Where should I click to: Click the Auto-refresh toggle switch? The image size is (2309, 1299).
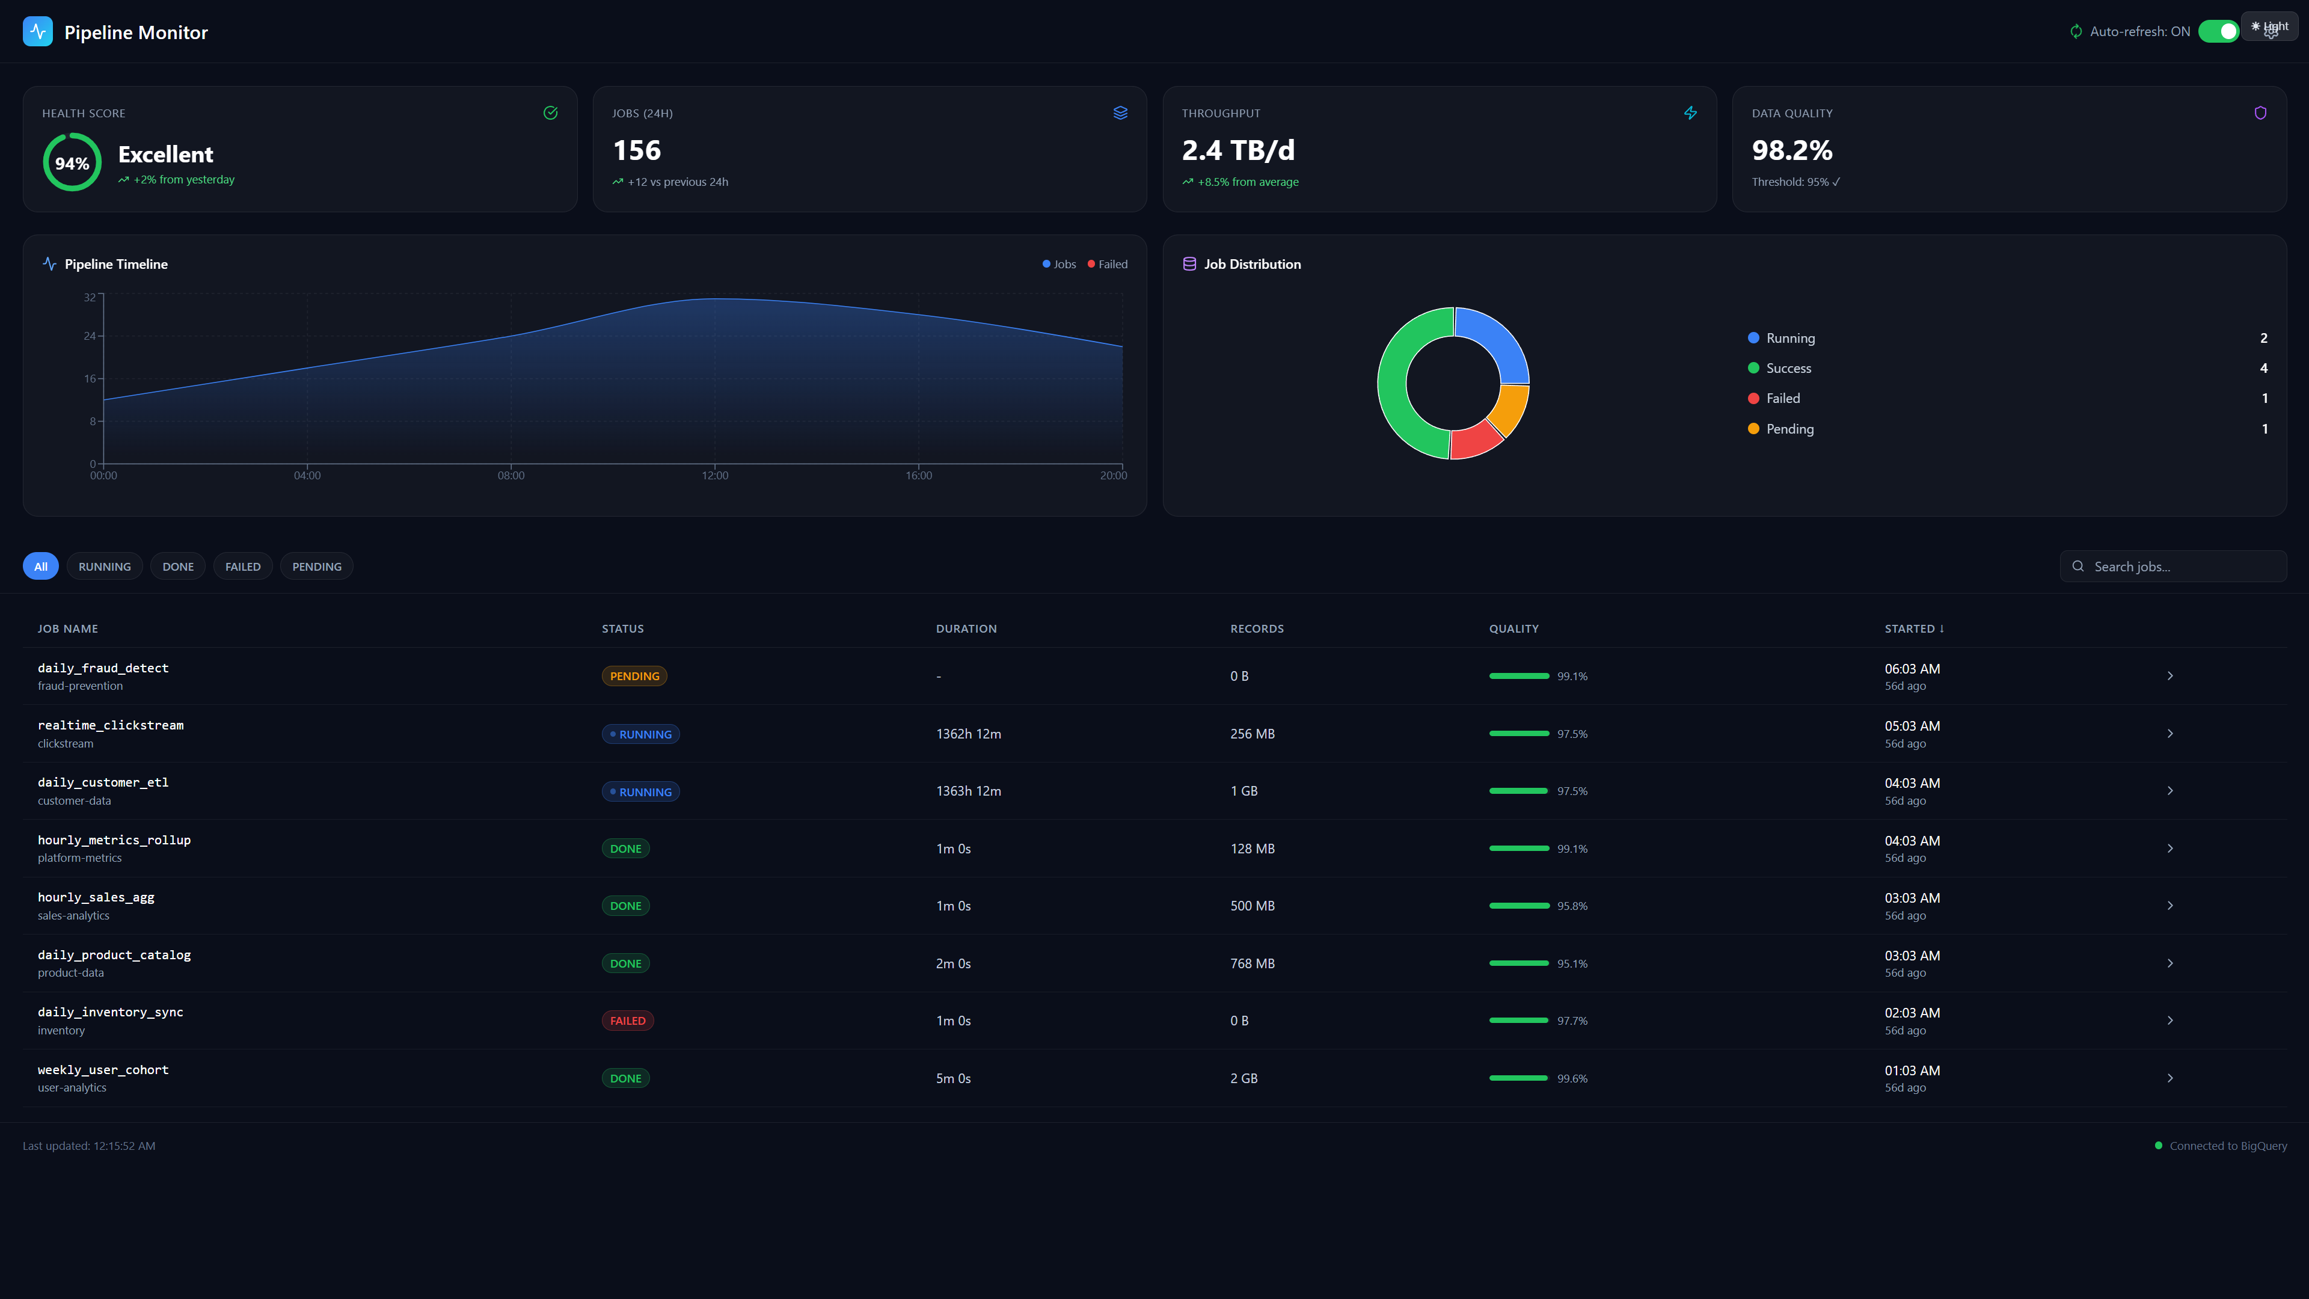(x=2218, y=31)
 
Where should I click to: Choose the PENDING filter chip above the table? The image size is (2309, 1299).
(x=316, y=567)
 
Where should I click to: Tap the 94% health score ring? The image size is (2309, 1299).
(x=72, y=162)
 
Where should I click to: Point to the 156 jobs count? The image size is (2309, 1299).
(x=636, y=150)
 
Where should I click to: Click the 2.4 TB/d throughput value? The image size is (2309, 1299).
(x=1238, y=150)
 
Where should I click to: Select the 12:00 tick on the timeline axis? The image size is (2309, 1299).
(x=714, y=475)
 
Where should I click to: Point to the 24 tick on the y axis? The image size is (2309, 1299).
(x=90, y=336)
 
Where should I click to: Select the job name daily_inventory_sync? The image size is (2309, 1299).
(x=110, y=1012)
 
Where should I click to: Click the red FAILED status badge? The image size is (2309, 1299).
(x=627, y=1021)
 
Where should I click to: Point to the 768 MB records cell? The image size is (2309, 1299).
(x=1252, y=963)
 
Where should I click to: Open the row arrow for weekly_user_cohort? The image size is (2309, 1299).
(x=2169, y=1078)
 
